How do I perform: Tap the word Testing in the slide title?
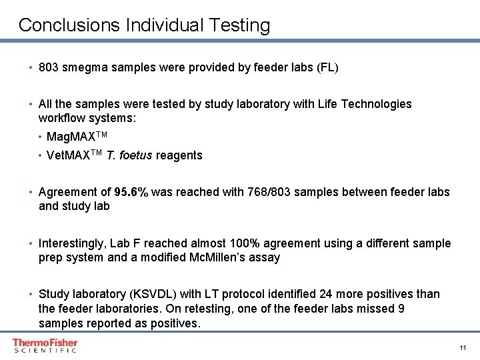point(238,25)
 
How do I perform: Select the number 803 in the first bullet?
point(49,67)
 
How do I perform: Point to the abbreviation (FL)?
point(327,67)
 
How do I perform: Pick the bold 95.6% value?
point(131,192)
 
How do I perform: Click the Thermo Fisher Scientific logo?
point(45,345)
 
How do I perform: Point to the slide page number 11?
point(462,348)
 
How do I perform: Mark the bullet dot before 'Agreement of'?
point(31,193)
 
